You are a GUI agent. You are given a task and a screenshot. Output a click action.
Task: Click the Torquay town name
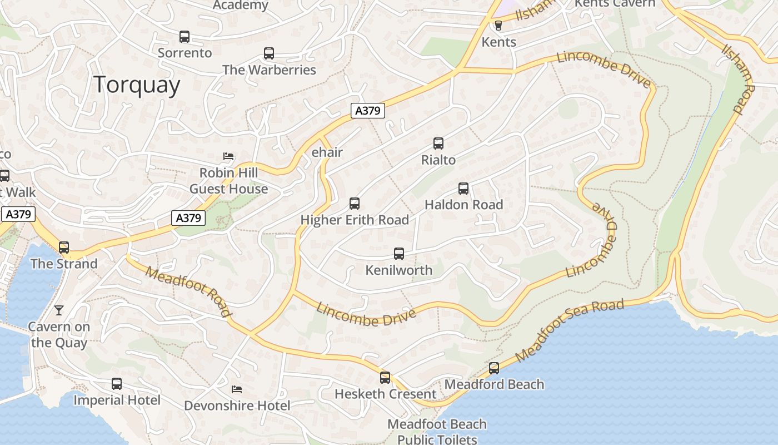[137, 85]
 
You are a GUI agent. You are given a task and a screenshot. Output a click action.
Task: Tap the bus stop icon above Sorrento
[184, 37]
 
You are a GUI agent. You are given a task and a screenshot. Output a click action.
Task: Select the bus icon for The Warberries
[269, 53]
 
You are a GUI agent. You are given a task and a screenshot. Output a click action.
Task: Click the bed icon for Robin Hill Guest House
[228, 156]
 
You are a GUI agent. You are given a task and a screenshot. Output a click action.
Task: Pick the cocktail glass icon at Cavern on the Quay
[59, 310]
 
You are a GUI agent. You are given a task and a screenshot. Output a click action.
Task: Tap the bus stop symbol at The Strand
[64, 247]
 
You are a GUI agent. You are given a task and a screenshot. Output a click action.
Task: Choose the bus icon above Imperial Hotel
[117, 383]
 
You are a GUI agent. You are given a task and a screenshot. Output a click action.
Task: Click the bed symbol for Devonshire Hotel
[237, 389]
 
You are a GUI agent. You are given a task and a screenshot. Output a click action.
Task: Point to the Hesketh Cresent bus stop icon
[385, 378]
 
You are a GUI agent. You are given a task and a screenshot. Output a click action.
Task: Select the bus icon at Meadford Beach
[494, 368]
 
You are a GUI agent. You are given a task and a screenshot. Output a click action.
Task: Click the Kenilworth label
[398, 270]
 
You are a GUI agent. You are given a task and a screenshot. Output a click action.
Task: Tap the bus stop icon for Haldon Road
[463, 189]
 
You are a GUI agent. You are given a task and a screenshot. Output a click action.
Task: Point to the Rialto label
[438, 160]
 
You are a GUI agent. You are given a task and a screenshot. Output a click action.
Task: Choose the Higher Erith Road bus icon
[355, 204]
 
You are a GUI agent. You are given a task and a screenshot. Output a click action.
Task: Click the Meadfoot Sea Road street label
[570, 330]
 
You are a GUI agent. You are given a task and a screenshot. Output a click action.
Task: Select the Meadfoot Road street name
[188, 291]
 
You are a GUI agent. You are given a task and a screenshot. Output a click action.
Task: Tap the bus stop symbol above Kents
[498, 26]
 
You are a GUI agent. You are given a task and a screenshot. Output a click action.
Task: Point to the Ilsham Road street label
[739, 80]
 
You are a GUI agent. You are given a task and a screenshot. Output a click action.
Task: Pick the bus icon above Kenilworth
[399, 254]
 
